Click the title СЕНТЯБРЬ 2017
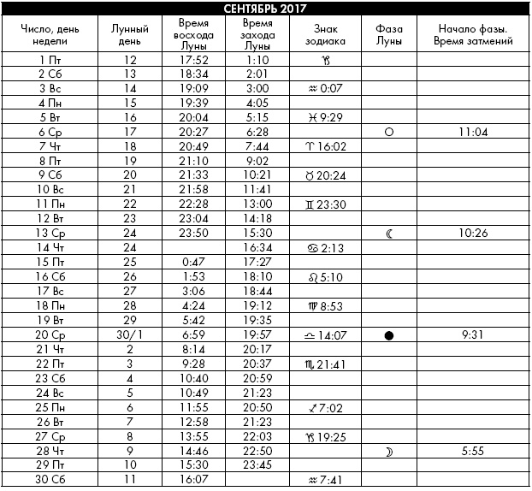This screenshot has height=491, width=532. tap(266, 9)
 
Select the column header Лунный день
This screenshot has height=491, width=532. tap(130, 34)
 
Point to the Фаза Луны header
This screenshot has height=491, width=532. tap(389, 34)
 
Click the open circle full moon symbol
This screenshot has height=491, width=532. tap(389, 132)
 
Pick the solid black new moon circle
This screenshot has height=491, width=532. tap(389, 335)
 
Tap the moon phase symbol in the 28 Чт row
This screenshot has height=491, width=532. tap(389, 451)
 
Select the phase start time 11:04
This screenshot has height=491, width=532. tap(473, 132)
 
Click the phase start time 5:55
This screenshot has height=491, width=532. tap(473, 451)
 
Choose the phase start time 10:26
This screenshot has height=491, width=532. tap(473, 234)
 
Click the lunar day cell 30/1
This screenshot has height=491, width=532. tap(130, 335)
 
